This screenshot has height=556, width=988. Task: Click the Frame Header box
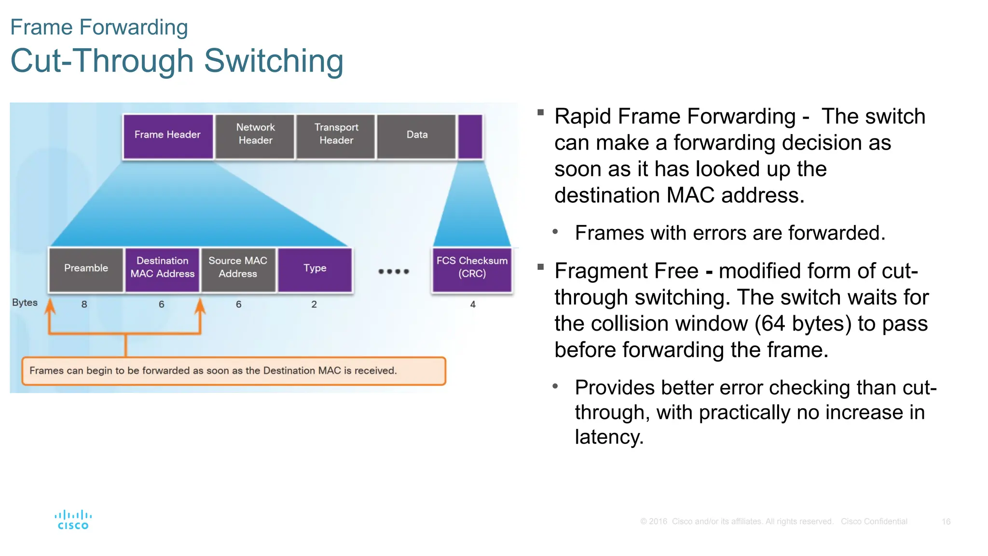click(x=167, y=136)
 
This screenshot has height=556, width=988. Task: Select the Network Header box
click(x=255, y=136)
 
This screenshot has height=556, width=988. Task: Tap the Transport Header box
click(x=336, y=136)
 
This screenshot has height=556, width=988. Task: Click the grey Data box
click(x=417, y=136)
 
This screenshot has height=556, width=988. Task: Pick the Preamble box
click(x=86, y=269)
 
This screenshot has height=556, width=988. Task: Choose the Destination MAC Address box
click(x=162, y=269)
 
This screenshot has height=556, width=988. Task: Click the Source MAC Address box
click(x=238, y=269)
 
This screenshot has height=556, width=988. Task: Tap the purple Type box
click(x=315, y=269)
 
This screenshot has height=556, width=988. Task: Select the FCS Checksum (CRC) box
click(x=472, y=269)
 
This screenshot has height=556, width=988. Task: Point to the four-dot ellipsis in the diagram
click(x=394, y=272)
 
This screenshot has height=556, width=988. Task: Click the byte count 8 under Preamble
click(x=84, y=305)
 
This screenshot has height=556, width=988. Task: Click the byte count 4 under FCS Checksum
click(x=473, y=305)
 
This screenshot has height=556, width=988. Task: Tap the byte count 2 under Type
click(x=314, y=305)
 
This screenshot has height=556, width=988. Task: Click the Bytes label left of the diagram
click(x=25, y=303)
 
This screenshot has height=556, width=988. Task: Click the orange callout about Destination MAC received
click(x=233, y=371)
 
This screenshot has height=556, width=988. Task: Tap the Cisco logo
click(x=73, y=520)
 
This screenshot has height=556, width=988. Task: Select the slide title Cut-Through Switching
click(x=177, y=61)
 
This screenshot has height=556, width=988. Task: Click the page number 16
click(x=946, y=522)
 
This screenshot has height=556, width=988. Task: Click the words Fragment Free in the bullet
click(x=626, y=271)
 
